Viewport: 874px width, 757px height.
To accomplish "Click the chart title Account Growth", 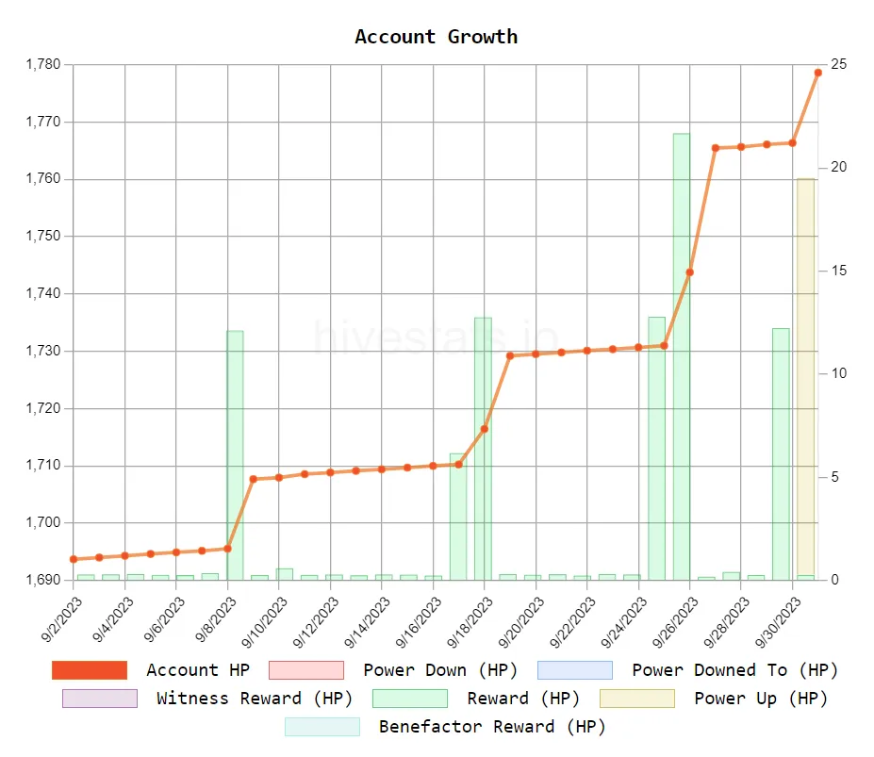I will click(436, 37).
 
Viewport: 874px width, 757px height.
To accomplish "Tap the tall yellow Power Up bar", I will click(805, 377).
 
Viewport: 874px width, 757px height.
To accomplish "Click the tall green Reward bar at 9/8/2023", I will click(235, 454).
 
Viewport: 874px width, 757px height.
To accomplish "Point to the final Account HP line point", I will click(818, 73).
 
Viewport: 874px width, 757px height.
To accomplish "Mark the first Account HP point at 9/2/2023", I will click(74, 559).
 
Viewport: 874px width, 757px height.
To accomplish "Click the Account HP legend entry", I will click(151, 670).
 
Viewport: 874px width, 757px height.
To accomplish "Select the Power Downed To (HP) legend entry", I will click(687, 670).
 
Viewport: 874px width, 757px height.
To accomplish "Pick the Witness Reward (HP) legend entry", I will click(207, 699).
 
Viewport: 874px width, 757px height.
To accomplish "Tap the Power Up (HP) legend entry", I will click(713, 699).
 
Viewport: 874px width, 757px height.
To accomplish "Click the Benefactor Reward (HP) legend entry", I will click(445, 727).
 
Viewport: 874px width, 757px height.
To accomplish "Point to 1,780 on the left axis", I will click(41, 65).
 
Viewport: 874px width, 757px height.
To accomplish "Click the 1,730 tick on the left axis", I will click(41, 351).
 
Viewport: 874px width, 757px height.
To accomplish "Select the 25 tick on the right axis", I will click(838, 64).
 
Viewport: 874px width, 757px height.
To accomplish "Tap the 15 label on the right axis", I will click(838, 271).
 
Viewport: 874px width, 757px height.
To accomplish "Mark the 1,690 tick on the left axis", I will click(41, 580).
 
